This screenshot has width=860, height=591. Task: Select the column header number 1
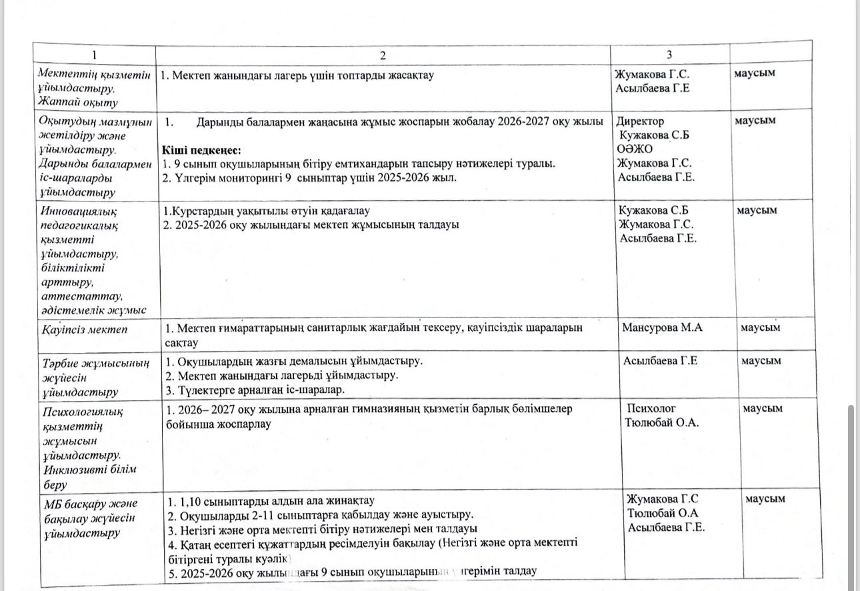coord(94,55)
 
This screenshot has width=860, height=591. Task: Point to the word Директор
coord(641,121)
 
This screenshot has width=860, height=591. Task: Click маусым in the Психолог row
coord(763,408)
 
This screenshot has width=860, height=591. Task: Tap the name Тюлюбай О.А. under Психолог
coord(661,423)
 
